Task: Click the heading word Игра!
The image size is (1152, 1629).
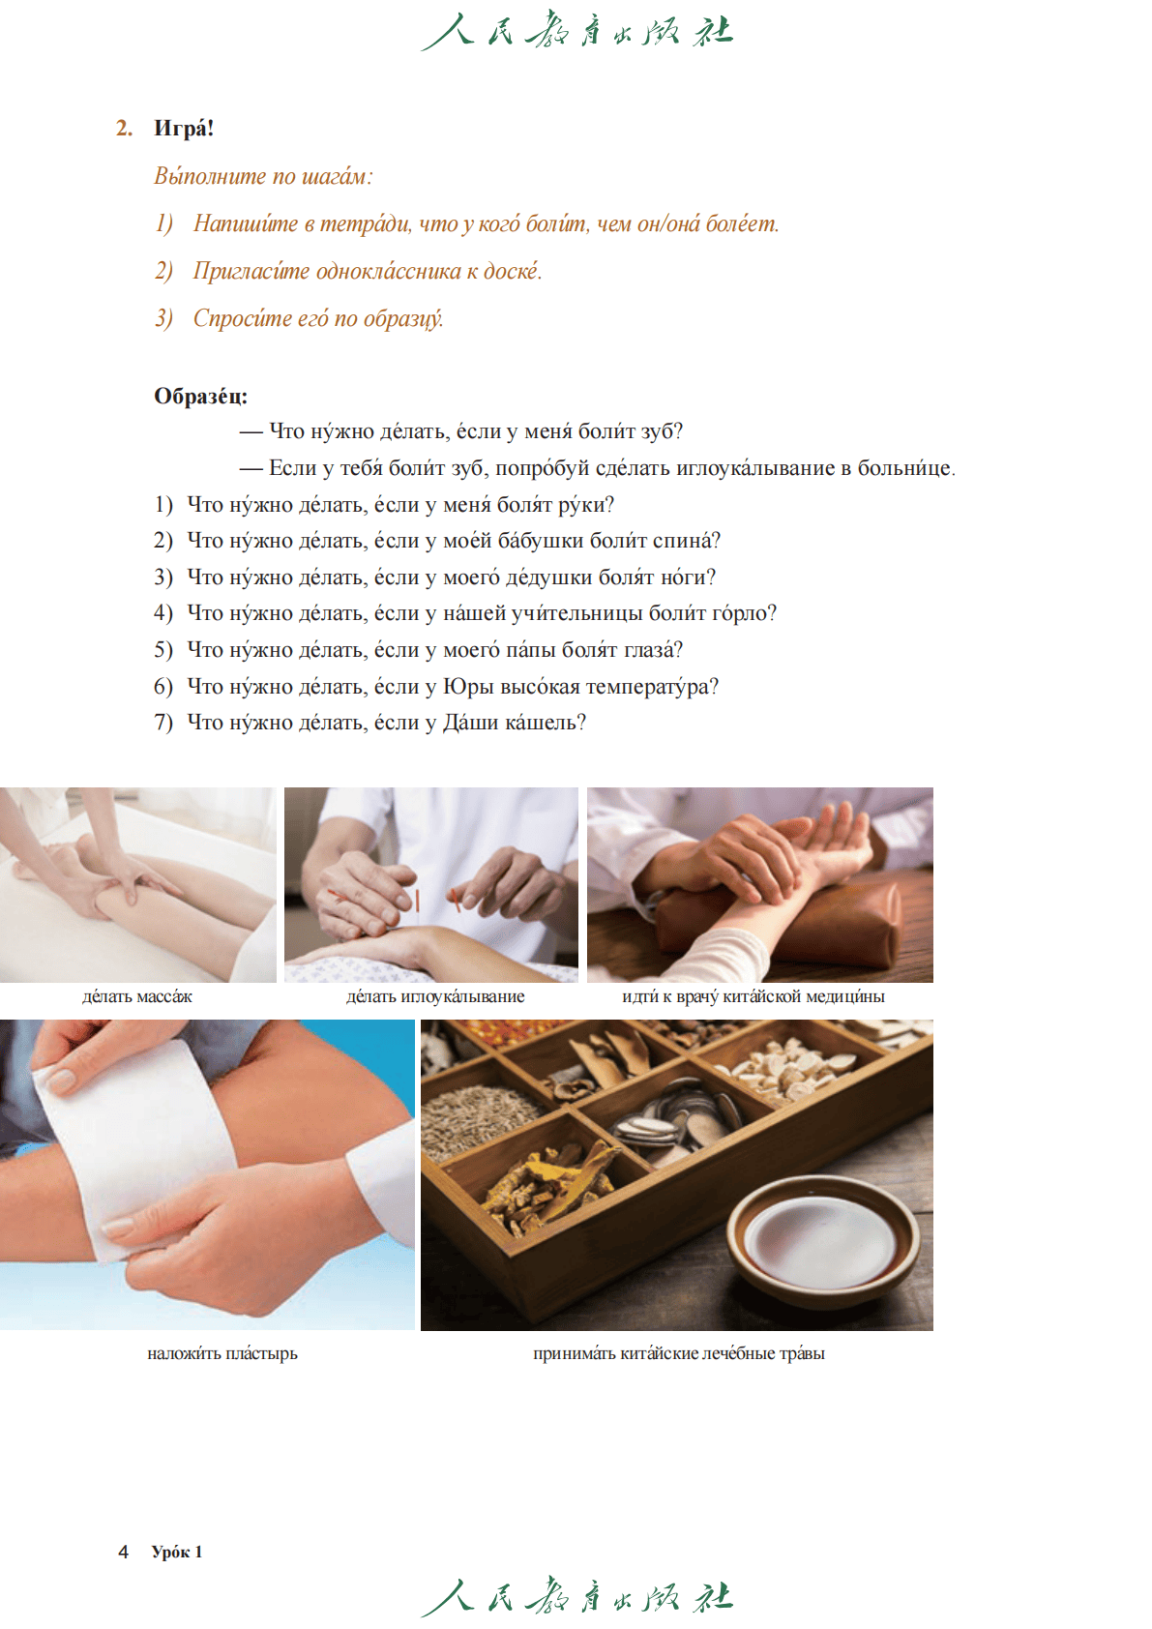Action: (x=184, y=128)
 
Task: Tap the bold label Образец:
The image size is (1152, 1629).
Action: (x=201, y=396)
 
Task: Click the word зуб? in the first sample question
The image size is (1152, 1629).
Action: (x=662, y=431)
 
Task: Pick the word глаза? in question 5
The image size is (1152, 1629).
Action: (x=653, y=649)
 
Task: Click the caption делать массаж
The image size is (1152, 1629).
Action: (x=136, y=996)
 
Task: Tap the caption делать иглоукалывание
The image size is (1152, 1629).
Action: (x=435, y=996)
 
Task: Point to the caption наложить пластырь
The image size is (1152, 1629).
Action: (x=222, y=1353)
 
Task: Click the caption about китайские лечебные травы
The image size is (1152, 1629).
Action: (x=679, y=1353)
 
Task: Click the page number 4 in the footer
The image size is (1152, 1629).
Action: (x=124, y=1552)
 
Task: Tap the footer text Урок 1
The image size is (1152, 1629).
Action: (x=177, y=1552)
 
